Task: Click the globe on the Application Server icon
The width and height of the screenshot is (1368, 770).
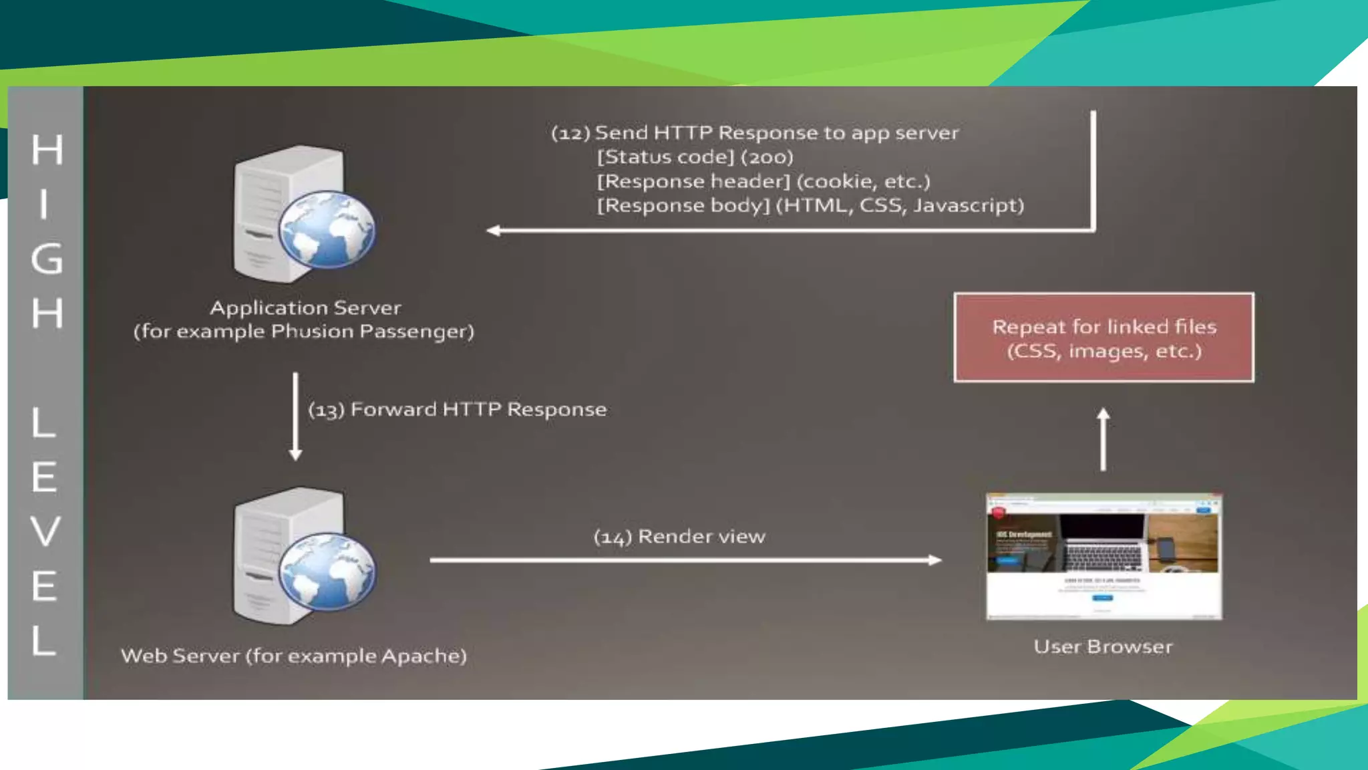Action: point(327,230)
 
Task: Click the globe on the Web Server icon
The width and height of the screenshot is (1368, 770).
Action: point(327,572)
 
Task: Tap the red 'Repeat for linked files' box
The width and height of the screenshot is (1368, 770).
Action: point(1103,338)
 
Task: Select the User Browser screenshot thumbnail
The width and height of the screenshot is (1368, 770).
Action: point(1103,557)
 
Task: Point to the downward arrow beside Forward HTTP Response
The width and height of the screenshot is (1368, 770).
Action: point(296,416)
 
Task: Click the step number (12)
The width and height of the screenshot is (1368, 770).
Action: point(570,134)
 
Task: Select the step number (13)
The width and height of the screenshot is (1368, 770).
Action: point(326,410)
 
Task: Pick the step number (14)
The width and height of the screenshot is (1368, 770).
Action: point(613,537)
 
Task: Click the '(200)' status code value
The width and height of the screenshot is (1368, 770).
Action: point(767,158)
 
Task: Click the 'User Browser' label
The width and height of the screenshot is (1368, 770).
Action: point(1103,647)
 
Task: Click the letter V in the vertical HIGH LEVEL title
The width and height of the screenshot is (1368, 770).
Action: point(45,531)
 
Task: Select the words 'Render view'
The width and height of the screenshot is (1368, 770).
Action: point(701,537)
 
